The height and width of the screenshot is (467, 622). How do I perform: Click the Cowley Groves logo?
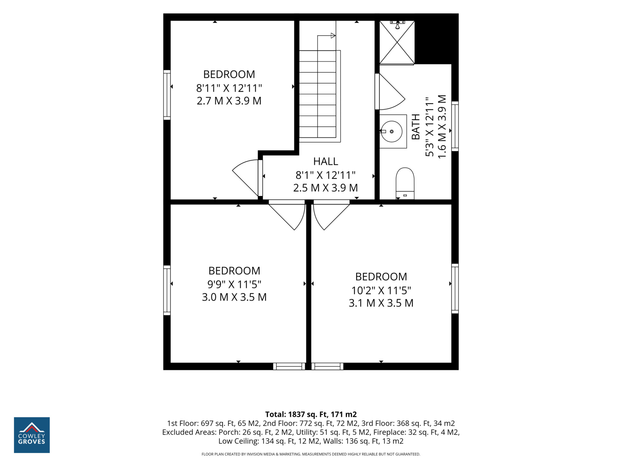[x=32, y=435]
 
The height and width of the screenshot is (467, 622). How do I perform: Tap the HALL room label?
[x=326, y=161]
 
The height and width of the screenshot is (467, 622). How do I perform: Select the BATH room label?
[x=416, y=127]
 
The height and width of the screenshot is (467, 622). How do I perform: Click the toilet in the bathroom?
[x=405, y=183]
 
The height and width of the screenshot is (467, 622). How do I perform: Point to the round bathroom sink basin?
[x=392, y=131]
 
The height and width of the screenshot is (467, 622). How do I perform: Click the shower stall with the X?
[x=397, y=42]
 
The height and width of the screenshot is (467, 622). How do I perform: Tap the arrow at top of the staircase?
[x=333, y=36]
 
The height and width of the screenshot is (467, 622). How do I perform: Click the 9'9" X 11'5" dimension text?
[x=234, y=284]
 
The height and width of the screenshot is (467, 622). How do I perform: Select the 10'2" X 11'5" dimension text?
[x=381, y=290]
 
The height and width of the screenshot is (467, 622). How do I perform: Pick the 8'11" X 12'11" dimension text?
[x=229, y=88]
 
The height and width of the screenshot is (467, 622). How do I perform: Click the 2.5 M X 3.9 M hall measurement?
[x=326, y=188]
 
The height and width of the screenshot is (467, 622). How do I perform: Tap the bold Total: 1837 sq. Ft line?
[x=311, y=414]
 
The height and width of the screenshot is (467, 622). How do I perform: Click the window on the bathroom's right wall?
[x=455, y=126]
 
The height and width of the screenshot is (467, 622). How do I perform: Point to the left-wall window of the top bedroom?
[x=167, y=95]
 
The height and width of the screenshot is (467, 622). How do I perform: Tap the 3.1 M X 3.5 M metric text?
[x=381, y=303]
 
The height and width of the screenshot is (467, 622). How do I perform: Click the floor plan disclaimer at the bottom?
[x=311, y=454]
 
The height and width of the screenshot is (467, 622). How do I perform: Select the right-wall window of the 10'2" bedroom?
[x=455, y=289]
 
